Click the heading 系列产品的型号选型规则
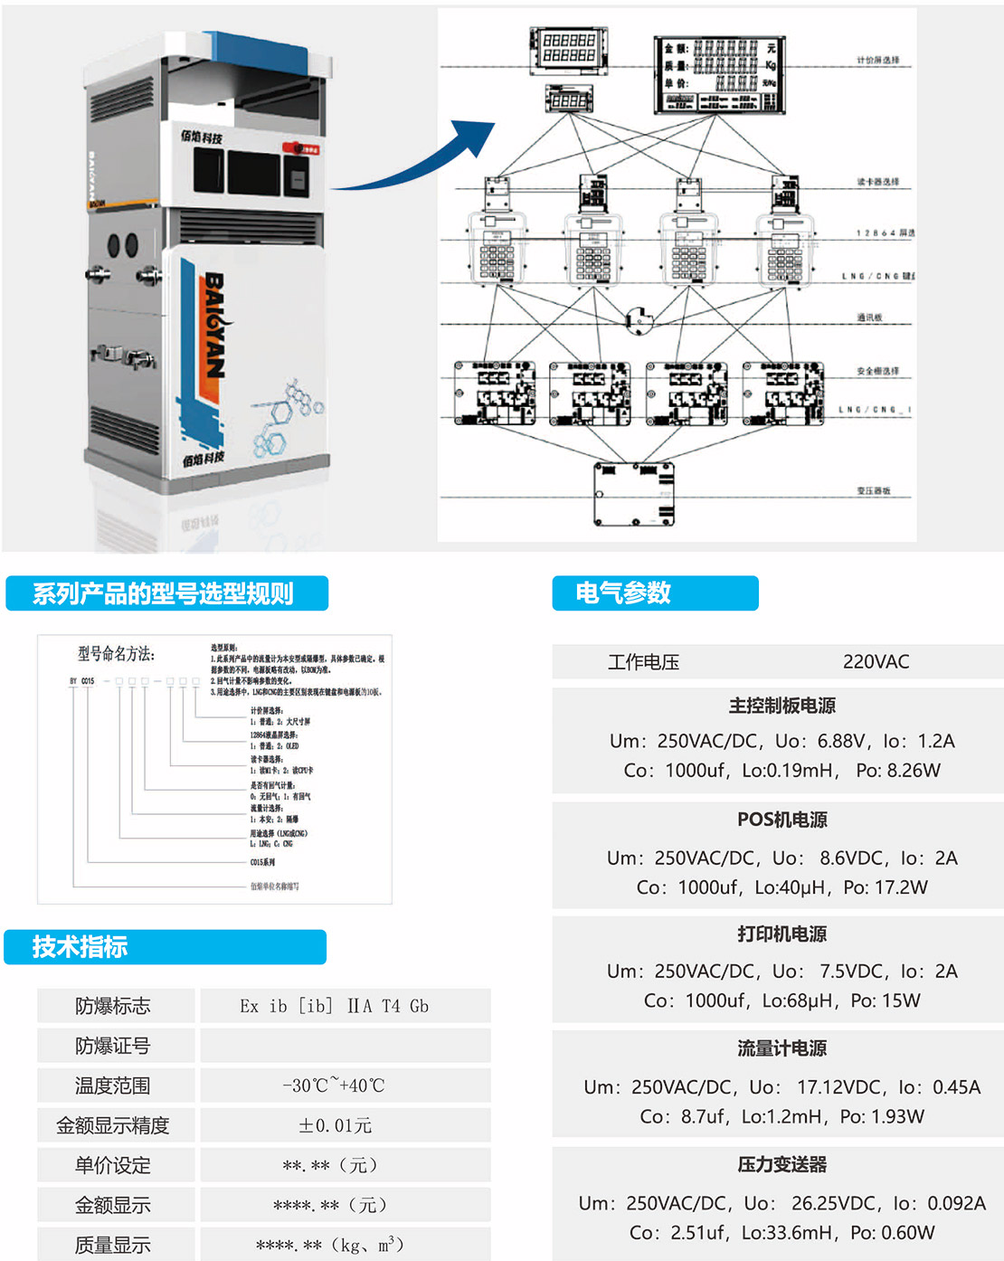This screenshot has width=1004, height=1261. click(164, 593)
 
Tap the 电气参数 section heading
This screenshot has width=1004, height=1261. click(623, 593)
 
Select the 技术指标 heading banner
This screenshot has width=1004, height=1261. click(81, 946)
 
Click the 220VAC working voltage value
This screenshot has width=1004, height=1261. click(876, 661)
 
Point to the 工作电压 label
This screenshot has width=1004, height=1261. click(643, 661)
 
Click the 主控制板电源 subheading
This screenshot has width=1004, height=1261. click(781, 706)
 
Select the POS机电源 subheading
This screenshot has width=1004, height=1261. click(781, 820)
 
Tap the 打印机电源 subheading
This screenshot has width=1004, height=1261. click(781, 934)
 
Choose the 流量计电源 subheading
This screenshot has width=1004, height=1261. click(781, 1048)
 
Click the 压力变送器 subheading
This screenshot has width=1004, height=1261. click(781, 1164)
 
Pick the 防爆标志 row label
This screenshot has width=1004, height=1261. click(113, 1006)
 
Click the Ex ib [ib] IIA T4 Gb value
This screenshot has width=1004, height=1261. click(335, 1006)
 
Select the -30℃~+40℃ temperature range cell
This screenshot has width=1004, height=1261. click(334, 1085)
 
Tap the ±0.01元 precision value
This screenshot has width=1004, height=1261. click(335, 1125)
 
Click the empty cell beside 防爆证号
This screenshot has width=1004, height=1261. click(345, 1046)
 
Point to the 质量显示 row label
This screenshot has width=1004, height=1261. click(113, 1245)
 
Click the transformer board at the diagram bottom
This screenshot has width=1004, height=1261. click(634, 493)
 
